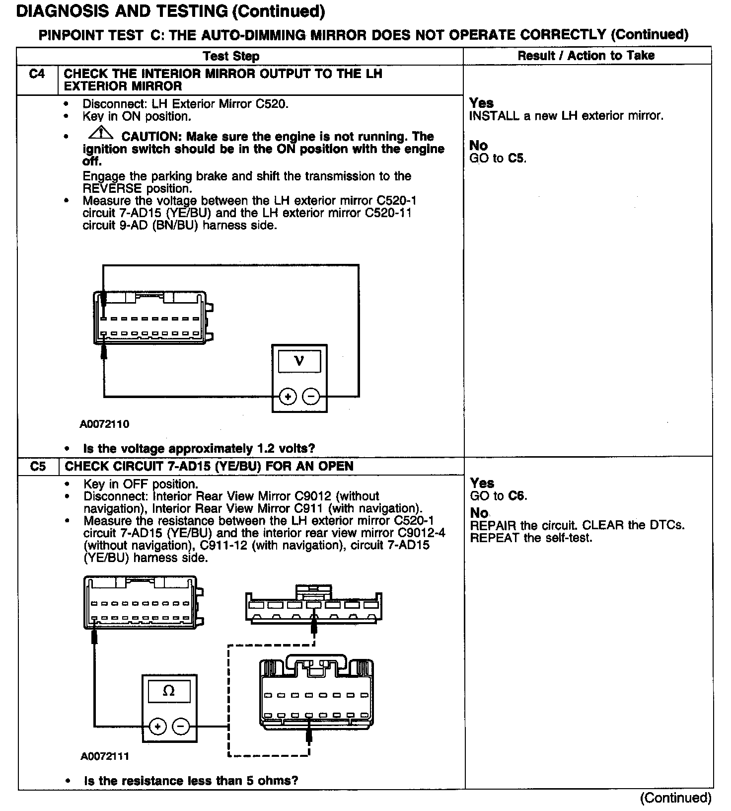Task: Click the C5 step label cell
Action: [x=38, y=467]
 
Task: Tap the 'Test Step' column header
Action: [x=231, y=56]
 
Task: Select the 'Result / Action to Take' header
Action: [x=586, y=56]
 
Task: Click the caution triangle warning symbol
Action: [x=100, y=133]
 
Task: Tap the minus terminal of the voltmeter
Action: [x=311, y=397]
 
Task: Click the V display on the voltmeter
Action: [x=299, y=361]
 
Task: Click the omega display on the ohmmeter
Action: [x=169, y=691]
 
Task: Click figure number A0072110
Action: [x=104, y=424]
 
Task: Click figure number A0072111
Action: [x=105, y=756]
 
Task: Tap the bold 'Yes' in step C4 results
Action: [x=481, y=103]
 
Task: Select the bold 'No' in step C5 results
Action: [x=479, y=513]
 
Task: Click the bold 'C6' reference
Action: [x=517, y=496]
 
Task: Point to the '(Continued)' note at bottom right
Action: [x=675, y=798]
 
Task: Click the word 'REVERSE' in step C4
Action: [x=112, y=189]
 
